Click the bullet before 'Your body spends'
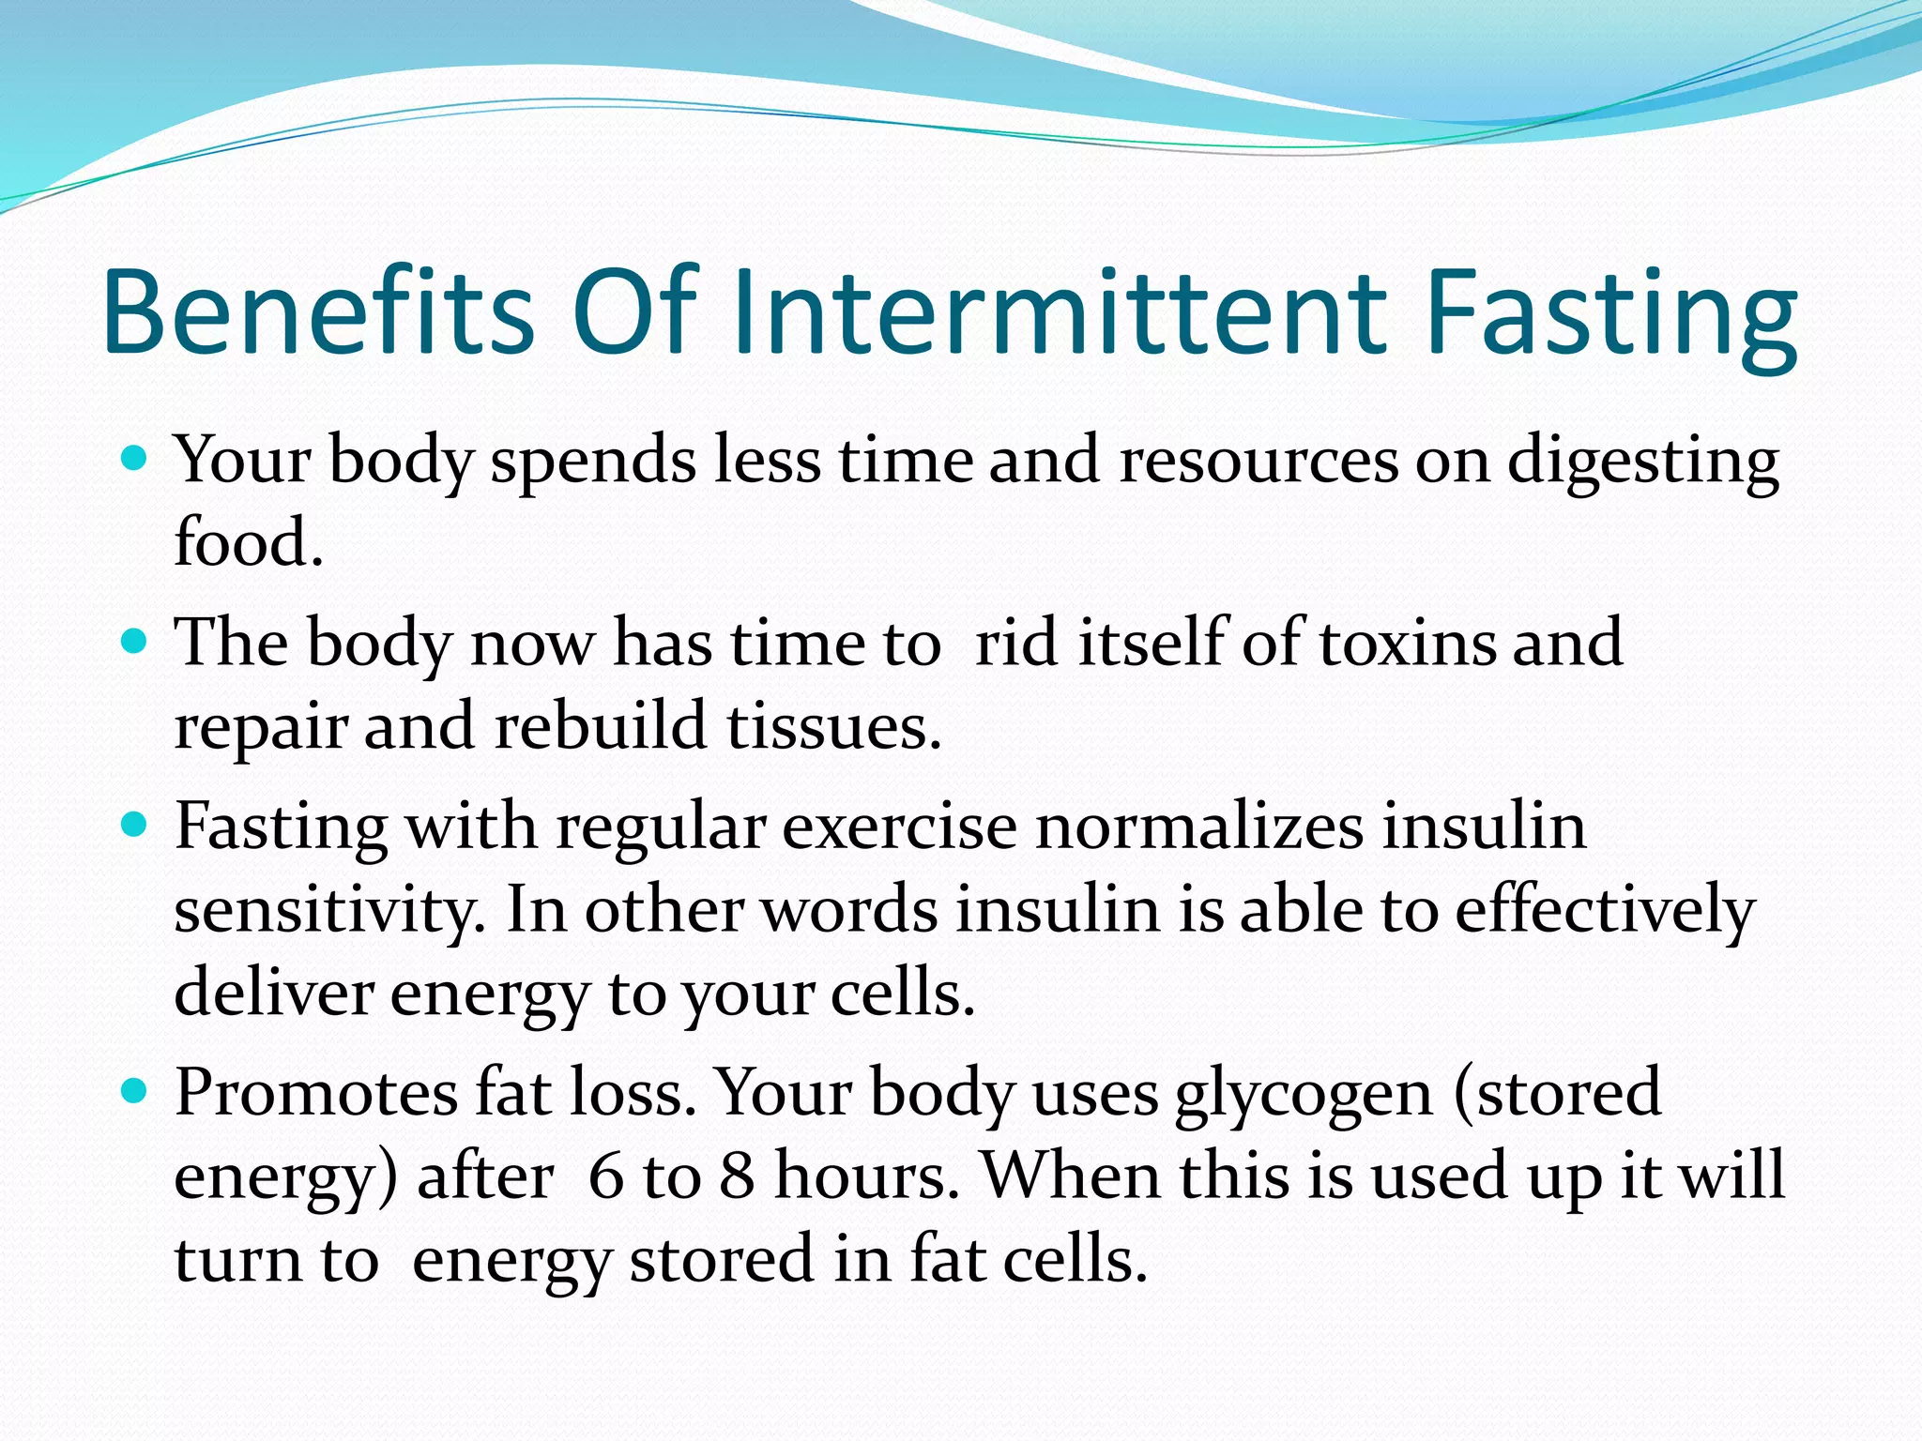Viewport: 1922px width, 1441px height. point(135,459)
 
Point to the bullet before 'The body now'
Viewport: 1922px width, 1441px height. point(135,642)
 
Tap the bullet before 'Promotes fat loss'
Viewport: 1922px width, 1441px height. point(135,1091)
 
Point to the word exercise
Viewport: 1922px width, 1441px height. point(900,827)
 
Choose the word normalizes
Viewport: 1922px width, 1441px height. point(1199,827)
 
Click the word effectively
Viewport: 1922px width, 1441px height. point(1605,910)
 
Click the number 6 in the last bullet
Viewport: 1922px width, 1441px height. point(606,1176)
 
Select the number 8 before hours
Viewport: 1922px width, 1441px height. point(738,1176)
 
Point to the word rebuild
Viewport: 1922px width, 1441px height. point(600,726)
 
